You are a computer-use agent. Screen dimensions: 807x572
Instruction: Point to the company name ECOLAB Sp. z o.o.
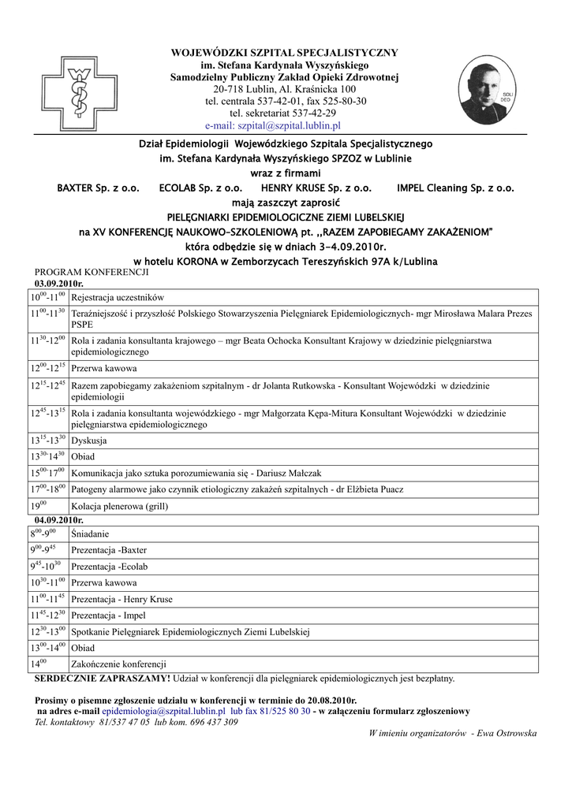[200, 188]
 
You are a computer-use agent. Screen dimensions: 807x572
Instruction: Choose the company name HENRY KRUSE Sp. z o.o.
[316, 188]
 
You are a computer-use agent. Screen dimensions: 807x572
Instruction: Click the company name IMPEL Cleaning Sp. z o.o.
[455, 188]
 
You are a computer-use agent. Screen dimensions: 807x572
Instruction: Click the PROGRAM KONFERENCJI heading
[92, 271]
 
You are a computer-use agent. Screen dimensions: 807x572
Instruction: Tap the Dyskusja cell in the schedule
[89, 441]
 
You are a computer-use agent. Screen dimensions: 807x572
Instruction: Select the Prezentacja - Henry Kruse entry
[122, 599]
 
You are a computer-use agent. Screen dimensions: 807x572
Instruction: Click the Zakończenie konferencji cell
[118, 664]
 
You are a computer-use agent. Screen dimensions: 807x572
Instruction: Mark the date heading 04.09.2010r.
[59, 520]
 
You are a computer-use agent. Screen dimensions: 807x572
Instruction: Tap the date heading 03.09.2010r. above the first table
[59, 282]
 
